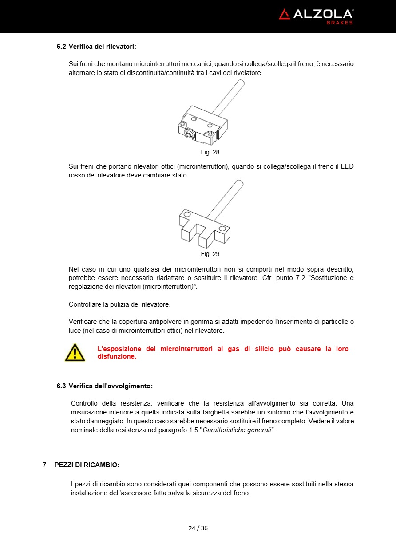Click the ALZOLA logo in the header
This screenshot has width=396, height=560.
pos(316,14)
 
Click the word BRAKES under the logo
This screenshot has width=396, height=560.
pos(340,23)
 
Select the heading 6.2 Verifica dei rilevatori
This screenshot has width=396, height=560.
pos(96,46)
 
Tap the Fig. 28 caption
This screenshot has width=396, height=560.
pos(210,152)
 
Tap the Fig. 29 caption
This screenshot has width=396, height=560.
pos(210,254)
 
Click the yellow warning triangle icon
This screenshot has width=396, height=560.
pos(75,352)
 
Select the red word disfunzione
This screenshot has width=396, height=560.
pos(117,356)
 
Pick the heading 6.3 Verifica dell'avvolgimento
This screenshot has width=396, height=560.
pos(104,386)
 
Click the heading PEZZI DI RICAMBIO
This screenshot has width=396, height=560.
pos(87,465)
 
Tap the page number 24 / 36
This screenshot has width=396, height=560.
pos(198,528)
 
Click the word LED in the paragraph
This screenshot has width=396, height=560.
pos(347,166)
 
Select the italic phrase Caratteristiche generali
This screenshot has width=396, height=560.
pos(237,430)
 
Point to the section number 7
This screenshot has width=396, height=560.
pos(44,465)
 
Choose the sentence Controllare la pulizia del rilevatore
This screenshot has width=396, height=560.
pos(119,304)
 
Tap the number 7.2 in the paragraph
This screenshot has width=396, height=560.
pos(300,278)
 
